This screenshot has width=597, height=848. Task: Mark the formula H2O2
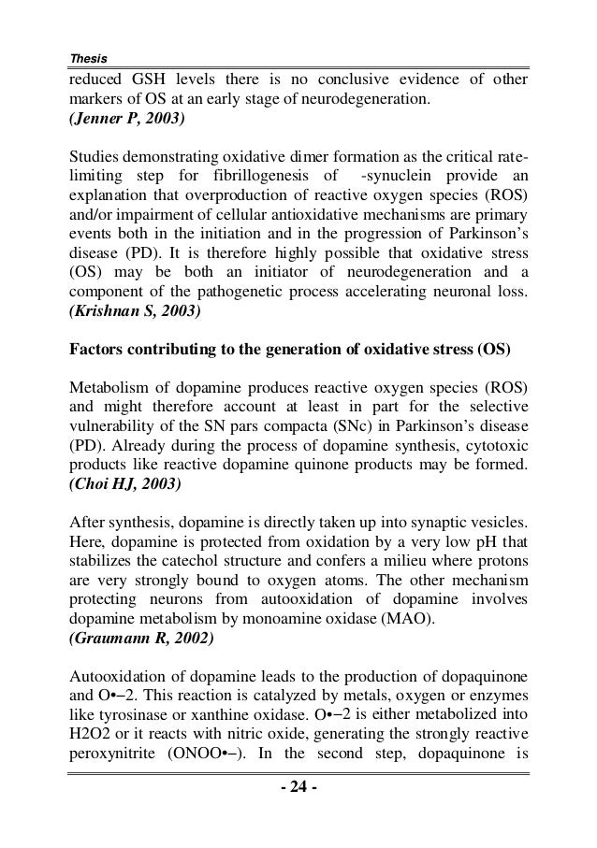(90, 743)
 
